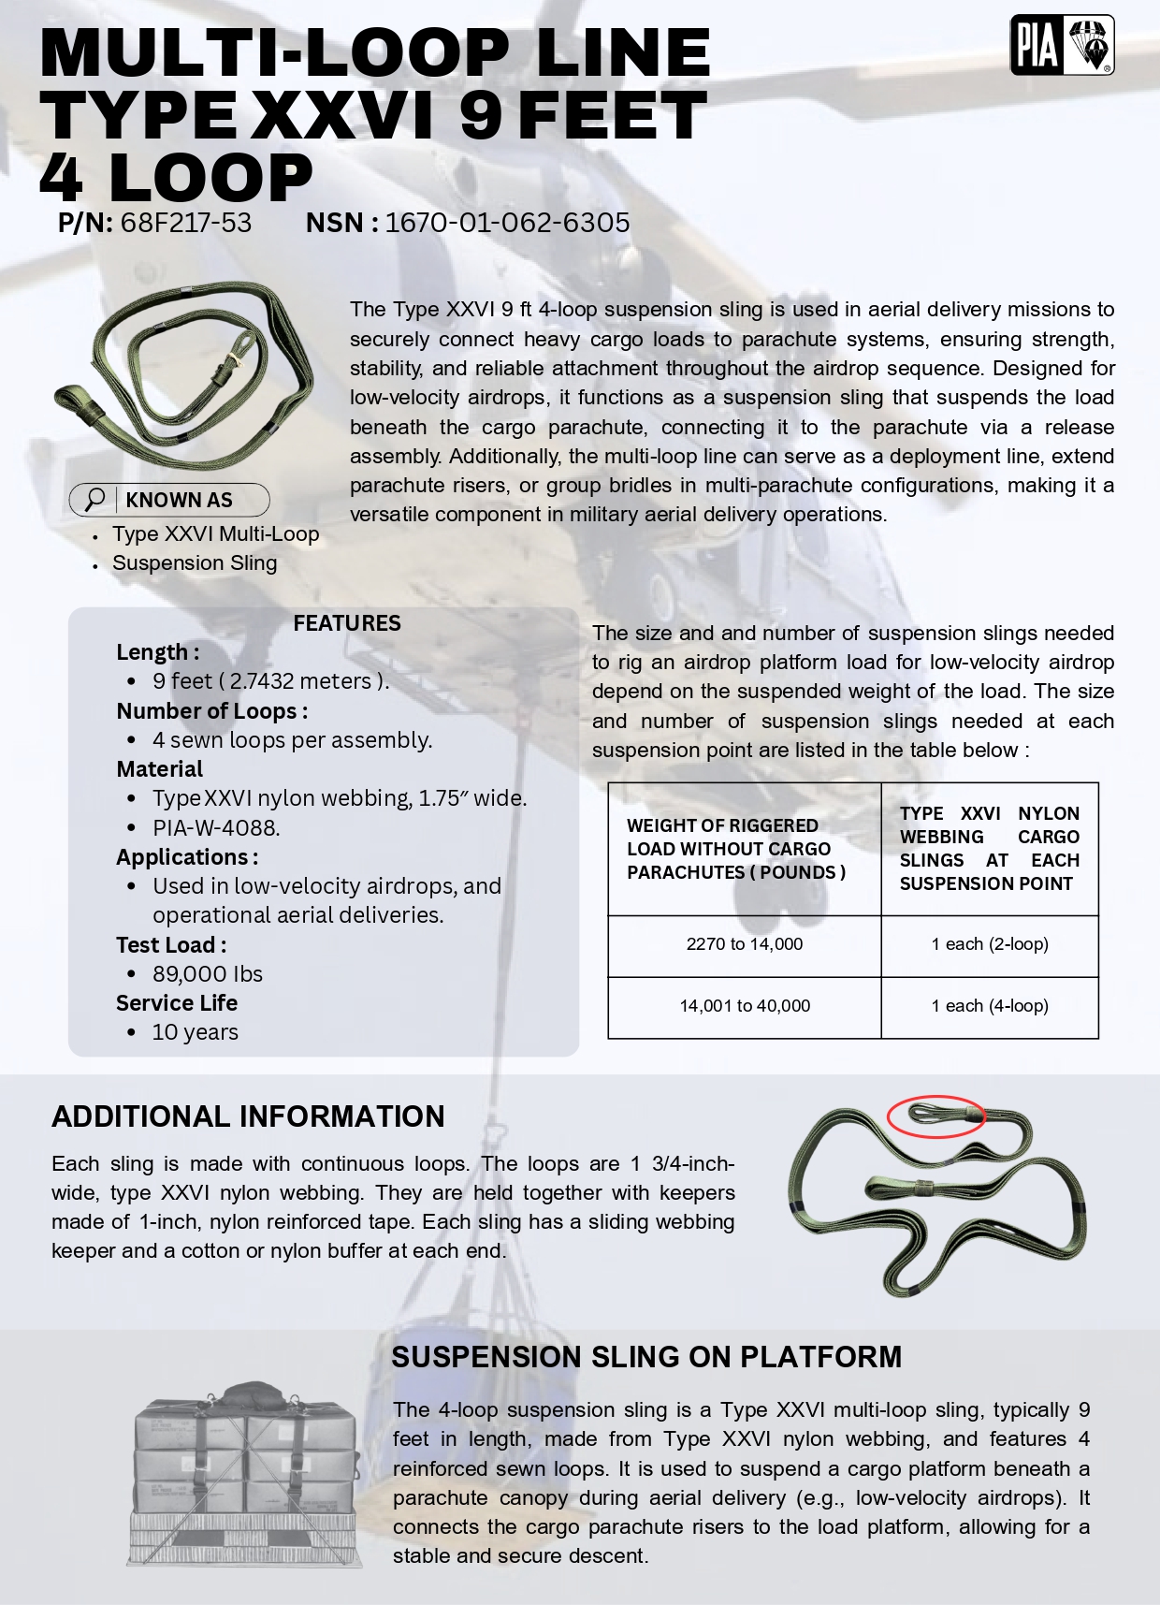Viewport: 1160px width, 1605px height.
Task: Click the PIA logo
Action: point(1062,45)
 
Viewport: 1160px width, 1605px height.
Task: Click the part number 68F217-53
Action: point(186,223)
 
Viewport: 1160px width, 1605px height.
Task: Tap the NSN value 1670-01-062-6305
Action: point(507,223)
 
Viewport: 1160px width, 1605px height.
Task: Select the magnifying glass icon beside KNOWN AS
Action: point(94,500)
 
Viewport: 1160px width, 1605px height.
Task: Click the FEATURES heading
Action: point(347,623)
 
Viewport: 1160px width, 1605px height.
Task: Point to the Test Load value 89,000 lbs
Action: point(208,973)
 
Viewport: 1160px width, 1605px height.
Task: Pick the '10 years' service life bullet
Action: point(195,1032)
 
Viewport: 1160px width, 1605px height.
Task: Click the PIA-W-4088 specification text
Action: point(216,827)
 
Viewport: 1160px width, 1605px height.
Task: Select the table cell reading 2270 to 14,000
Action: point(745,944)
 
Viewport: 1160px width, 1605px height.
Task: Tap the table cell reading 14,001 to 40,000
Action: point(745,1006)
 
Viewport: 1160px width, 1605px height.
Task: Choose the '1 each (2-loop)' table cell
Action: point(990,944)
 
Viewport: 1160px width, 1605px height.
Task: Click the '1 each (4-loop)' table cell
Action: point(990,1006)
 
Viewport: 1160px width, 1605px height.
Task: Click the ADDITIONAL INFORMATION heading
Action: point(248,1116)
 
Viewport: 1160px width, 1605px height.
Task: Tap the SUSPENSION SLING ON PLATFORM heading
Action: point(646,1357)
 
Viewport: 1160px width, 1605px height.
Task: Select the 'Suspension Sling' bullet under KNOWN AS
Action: point(195,563)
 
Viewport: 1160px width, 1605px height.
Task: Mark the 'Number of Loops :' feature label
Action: point(212,711)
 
